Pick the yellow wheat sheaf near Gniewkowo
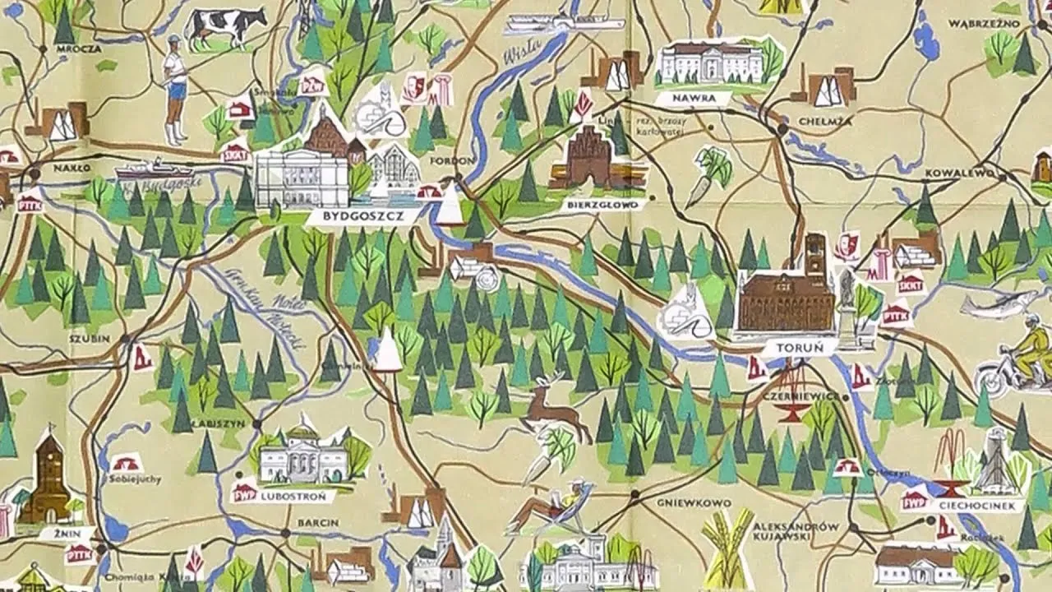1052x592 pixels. pos(728,547)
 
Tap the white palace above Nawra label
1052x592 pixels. pos(712,62)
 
